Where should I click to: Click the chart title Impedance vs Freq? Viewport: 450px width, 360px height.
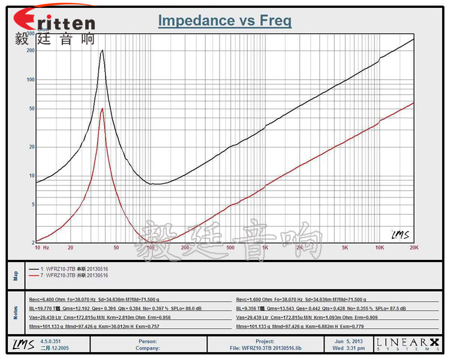point(224,21)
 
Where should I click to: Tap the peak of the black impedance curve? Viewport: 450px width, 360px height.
point(103,51)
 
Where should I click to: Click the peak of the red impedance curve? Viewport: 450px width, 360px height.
point(103,109)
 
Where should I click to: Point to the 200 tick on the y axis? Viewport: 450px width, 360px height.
point(31,50)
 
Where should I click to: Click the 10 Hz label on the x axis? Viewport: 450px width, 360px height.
point(41,247)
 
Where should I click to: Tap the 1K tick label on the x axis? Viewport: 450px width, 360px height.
point(265,247)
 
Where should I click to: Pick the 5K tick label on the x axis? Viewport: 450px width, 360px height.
point(344,247)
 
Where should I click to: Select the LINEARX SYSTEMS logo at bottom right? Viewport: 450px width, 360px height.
point(407,344)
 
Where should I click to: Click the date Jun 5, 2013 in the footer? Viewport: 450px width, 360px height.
point(348,341)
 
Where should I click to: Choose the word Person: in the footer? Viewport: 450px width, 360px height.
point(147,341)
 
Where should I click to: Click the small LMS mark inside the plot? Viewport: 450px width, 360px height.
point(400,235)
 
